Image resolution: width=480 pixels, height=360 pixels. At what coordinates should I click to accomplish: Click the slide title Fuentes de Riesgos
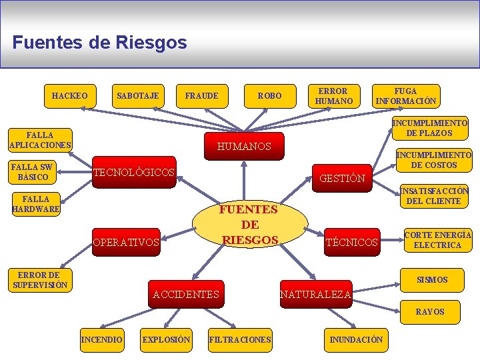pyautogui.click(x=99, y=43)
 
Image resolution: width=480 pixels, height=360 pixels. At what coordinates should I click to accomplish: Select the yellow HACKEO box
pyautogui.click(x=69, y=96)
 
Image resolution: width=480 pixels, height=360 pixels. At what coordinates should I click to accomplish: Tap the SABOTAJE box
pyautogui.click(x=137, y=96)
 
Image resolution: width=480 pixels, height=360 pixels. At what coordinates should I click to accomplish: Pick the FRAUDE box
pyautogui.click(x=201, y=96)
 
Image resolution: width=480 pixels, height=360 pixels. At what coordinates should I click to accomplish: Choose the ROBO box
pyautogui.click(x=270, y=96)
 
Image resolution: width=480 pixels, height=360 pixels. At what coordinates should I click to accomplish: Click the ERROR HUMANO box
pyautogui.click(x=333, y=96)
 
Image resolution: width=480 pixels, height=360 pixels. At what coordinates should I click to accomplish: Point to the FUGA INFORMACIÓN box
pyautogui.click(x=406, y=96)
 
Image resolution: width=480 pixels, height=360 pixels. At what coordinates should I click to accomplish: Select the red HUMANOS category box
pyautogui.click(x=245, y=146)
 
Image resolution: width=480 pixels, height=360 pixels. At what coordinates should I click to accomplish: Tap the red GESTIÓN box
pyautogui.click(x=342, y=178)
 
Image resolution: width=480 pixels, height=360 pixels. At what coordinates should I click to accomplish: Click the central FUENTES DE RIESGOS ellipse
pyautogui.click(x=250, y=225)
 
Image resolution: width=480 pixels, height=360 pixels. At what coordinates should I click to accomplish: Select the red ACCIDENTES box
pyautogui.click(x=185, y=294)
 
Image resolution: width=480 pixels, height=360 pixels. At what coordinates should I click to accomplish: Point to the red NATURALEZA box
pyautogui.click(x=315, y=294)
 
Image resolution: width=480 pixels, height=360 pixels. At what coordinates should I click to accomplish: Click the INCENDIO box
pyautogui.click(x=101, y=340)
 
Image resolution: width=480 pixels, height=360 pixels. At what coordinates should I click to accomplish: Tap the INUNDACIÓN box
pyautogui.click(x=356, y=340)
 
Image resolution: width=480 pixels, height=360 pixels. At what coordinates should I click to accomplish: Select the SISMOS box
pyautogui.click(x=432, y=280)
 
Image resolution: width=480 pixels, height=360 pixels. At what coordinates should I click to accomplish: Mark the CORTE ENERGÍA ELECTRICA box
pyautogui.click(x=437, y=240)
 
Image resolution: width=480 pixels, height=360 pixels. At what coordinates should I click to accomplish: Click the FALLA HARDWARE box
pyautogui.click(x=36, y=204)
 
